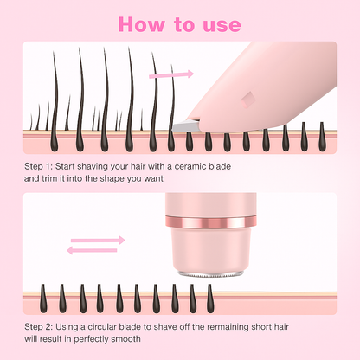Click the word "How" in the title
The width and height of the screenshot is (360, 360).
[x=141, y=24]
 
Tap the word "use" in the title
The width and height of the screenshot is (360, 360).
[x=222, y=25]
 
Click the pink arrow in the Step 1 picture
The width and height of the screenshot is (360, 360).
[x=171, y=74]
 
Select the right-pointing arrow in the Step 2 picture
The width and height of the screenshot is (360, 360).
[x=98, y=240]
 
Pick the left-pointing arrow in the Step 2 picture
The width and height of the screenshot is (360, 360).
[x=93, y=250]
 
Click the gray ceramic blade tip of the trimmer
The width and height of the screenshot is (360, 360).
[x=185, y=126]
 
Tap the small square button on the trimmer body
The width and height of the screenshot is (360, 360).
[x=248, y=99]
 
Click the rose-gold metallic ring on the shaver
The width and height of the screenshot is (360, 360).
[x=211, y=221]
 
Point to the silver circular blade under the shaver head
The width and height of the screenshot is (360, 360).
[x=211, y=273]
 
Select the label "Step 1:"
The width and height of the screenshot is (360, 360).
[x=38, y=166]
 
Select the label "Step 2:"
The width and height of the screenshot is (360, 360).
[x=38, y=327]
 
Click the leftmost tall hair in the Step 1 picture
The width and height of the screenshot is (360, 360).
[x=54, y=101]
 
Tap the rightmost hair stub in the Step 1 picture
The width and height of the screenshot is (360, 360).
[x=322, y=137]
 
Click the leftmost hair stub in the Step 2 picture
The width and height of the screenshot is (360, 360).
[x=43, y=299]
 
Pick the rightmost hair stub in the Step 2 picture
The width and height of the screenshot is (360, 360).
[x=210, y=299]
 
